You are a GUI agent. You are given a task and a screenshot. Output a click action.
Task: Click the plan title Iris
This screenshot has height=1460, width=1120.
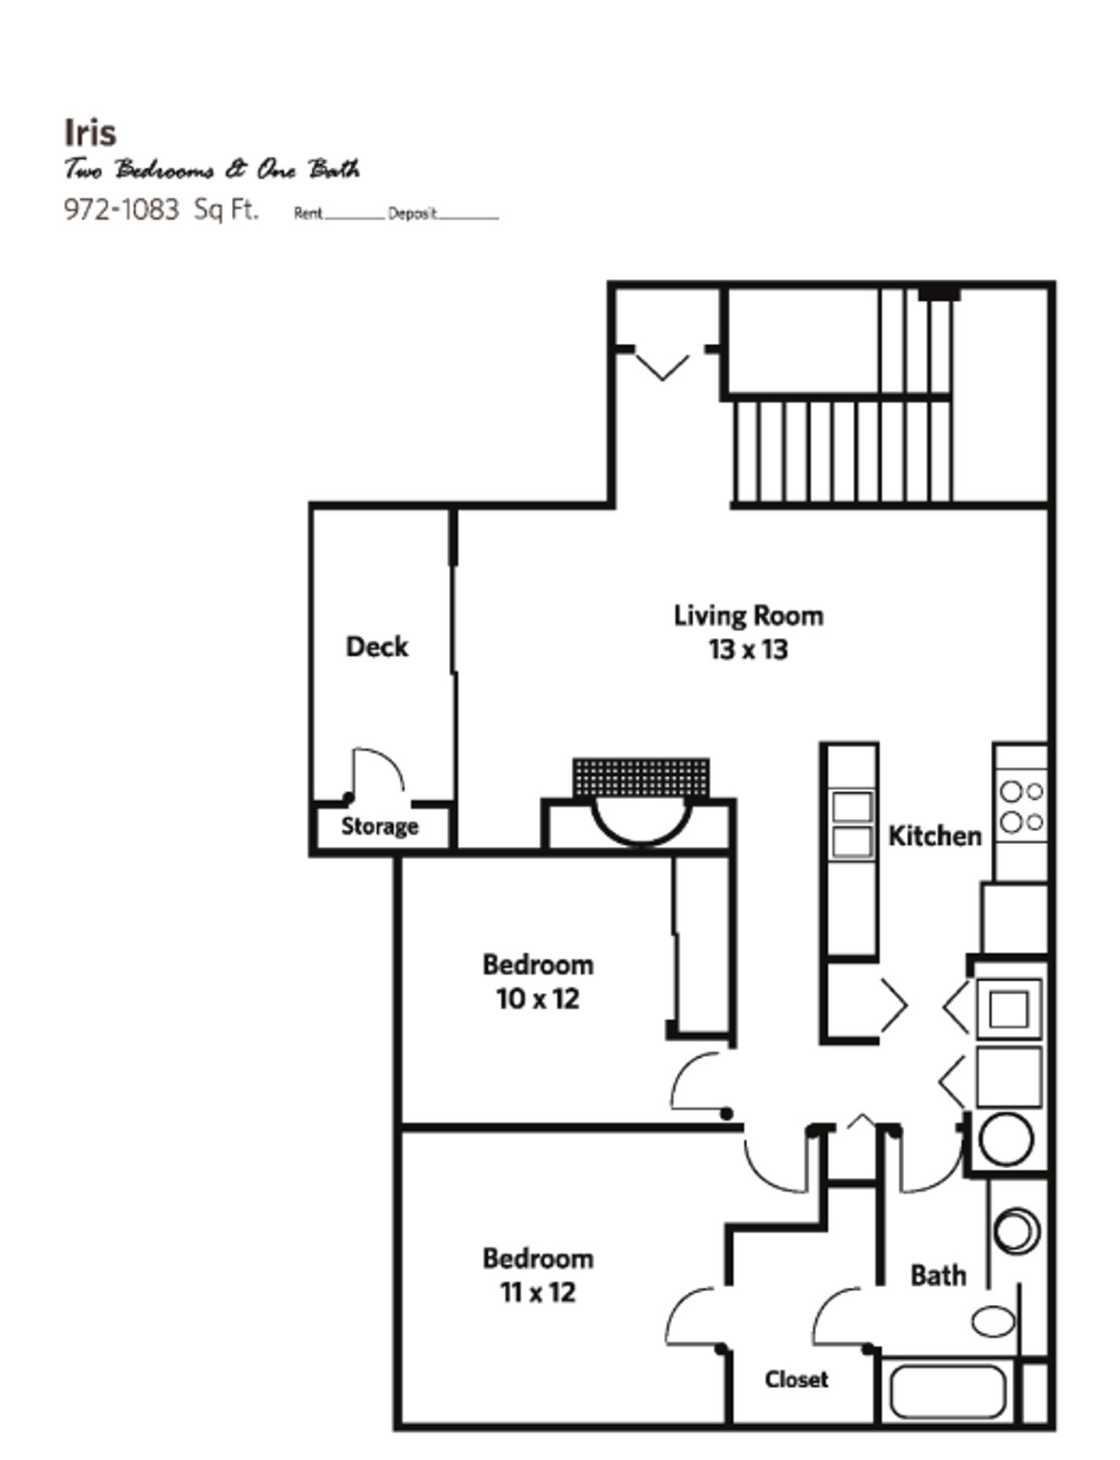90,133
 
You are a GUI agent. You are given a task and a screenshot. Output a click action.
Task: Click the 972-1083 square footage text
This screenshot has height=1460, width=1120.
121,209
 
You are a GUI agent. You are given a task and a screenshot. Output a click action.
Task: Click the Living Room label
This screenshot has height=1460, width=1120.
748,616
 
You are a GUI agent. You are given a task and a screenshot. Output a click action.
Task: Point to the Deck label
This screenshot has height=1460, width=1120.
377,647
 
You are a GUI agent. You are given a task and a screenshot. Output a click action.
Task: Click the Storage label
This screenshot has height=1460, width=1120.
379,827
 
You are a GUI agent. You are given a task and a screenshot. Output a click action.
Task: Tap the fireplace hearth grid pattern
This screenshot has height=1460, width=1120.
640,777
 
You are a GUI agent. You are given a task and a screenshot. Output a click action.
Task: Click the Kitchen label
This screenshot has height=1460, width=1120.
934,836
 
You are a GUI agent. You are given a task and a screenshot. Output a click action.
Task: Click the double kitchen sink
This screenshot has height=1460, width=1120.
852,825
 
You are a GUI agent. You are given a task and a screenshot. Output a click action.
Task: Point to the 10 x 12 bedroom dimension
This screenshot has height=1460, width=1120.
538,999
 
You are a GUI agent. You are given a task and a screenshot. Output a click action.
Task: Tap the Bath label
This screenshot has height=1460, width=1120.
938,1275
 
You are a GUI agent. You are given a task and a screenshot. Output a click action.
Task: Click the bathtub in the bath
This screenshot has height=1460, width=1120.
947,1392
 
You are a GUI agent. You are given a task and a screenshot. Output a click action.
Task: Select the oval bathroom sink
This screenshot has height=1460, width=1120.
993,1321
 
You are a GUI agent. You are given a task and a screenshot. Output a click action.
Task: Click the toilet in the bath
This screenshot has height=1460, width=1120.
1016,1230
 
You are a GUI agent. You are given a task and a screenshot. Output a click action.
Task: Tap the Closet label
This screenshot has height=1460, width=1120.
796,1379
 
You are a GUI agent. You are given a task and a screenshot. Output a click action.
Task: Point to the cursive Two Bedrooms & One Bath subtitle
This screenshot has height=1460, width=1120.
211,170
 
